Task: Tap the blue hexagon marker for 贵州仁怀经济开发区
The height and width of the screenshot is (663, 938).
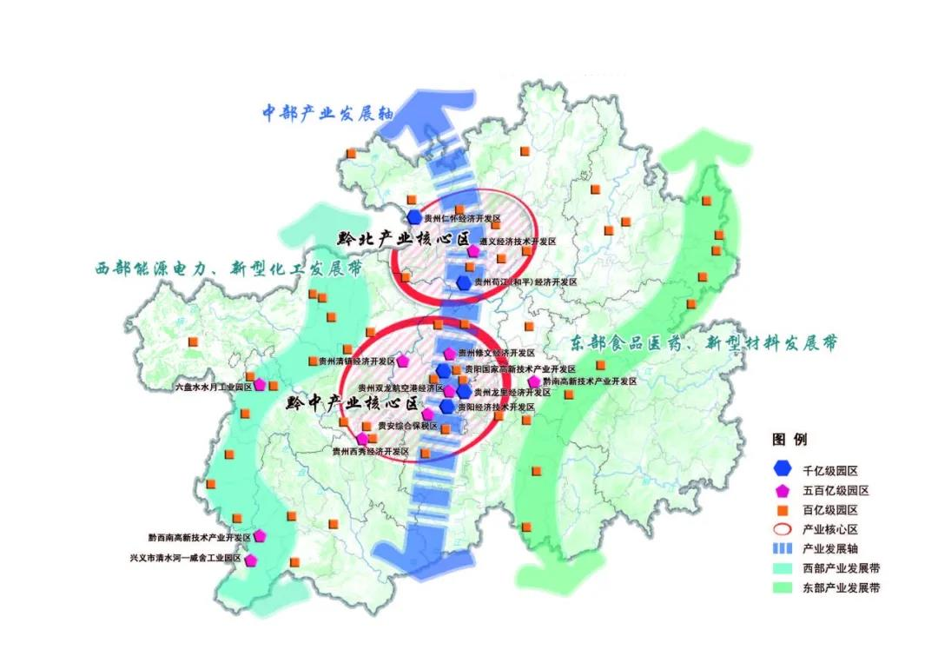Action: pyautogui.click(x=414, y=214)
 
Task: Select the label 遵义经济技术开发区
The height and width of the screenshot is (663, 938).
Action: pyautogui.click(x=518, y=242)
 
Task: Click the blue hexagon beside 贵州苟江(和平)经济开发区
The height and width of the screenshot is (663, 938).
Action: pyautogui.click(x=464, y=282)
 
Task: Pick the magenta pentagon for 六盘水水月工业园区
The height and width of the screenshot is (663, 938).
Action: pyautogui.click(x=260, y=385)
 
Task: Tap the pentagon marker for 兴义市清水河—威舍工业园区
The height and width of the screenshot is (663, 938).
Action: pyautogui.click(x=251, y=560)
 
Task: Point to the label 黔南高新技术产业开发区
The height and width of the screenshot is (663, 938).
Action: pyautogui.click(x=590, y=381)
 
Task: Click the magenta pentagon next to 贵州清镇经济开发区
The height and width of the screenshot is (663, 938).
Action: pyautogui.click(x=403, y=361)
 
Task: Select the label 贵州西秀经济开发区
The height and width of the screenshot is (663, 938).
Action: pyautogui.click(x=371, y=452)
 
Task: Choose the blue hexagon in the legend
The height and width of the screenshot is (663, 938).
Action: pyautogui.click(x=783, y=470)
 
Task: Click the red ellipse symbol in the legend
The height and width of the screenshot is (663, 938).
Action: pyautogui.click(x=783, y=529)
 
